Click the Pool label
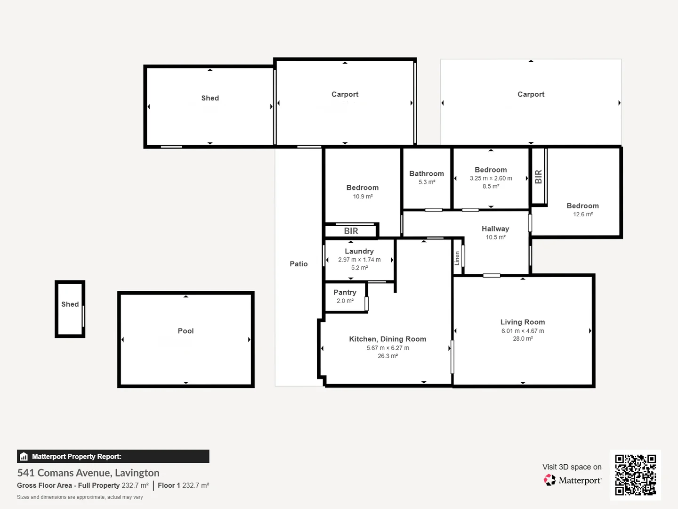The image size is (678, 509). pos(186,331)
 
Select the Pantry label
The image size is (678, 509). pos(345,292)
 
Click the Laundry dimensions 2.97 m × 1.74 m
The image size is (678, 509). pos(359,260)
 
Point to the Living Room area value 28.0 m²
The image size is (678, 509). pos(523,339)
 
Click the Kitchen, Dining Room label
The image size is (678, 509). pos(387,339)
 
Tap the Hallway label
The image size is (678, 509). pos(495,229)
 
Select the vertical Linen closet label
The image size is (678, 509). pos(457,258)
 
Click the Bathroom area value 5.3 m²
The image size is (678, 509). pos(427,182)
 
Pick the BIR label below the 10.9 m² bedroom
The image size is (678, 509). pos(351,231)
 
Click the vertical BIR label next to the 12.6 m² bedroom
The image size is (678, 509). pos(539,177)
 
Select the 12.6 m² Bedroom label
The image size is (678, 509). pos(582,206)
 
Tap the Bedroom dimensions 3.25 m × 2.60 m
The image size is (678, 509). pos(491,178)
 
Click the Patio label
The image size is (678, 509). pos(299,264)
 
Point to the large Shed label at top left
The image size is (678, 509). pos(210,98)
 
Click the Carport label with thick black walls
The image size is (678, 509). pos(345,94)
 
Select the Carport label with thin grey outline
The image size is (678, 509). pos(531,94)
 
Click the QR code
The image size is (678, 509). pos(635,475)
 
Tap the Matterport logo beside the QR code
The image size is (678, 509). pos(573,480)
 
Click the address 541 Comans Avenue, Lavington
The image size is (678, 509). pos(89,473)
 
